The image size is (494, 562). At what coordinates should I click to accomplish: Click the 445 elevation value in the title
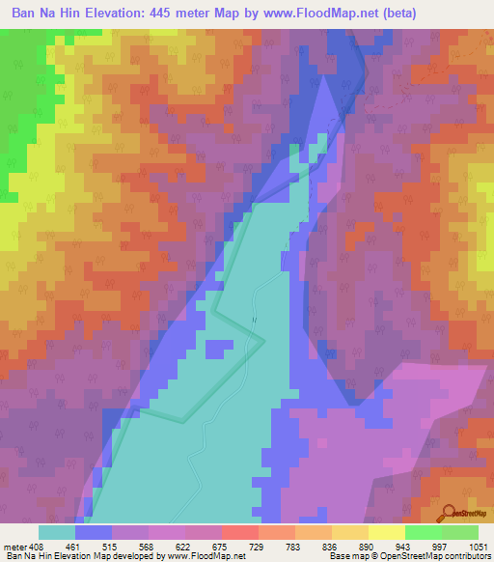171,14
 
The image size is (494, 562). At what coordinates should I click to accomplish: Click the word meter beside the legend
14,546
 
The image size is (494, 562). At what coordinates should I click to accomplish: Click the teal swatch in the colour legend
57,532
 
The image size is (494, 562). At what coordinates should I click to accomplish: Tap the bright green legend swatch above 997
423,532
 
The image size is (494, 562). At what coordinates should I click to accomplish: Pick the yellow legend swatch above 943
386,532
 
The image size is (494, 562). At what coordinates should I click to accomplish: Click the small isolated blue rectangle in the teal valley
220,347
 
